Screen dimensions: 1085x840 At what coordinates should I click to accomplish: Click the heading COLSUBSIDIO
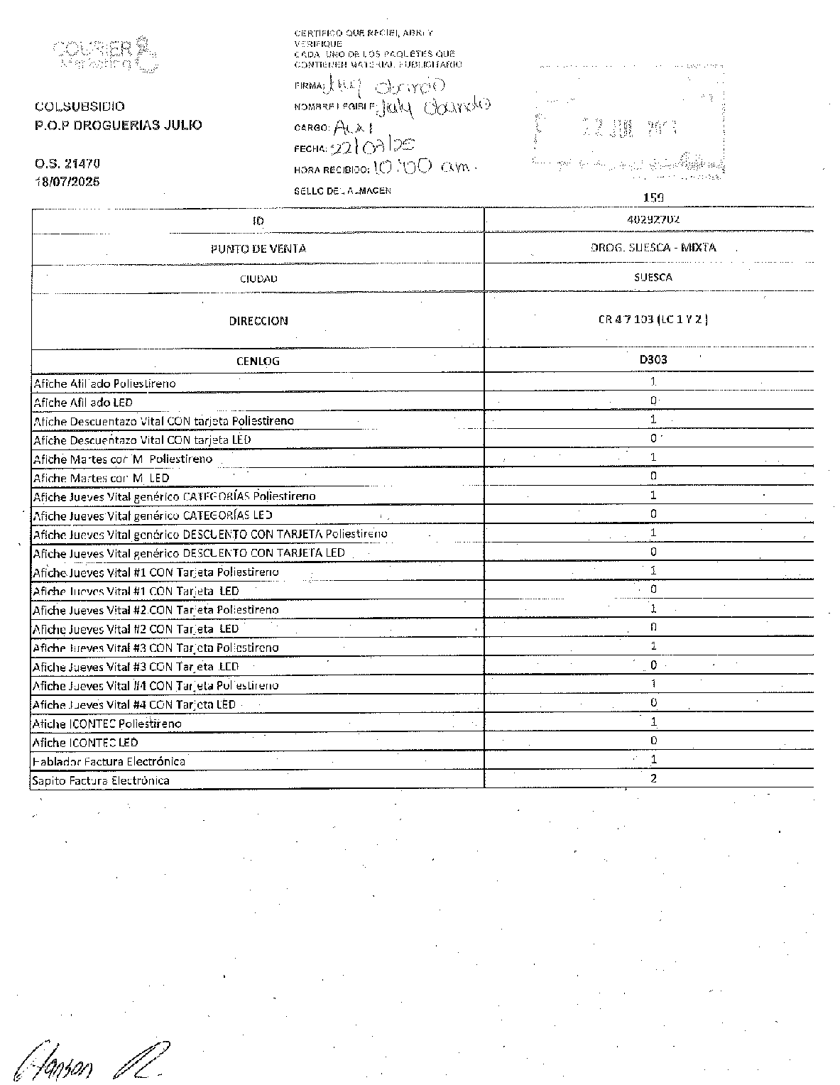pyautogui.click(x=80, y=107)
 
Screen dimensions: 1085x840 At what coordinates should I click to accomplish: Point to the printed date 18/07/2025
pyautogui.click(x=67, y=182)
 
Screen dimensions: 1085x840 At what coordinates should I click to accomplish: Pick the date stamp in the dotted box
pyautogui.click(x=630, y=128)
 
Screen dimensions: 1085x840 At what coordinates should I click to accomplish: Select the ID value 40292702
pyautogui.click(x=653, y=219)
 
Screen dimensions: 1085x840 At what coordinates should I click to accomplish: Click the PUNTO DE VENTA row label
pyautogui.click(x=258, y=249)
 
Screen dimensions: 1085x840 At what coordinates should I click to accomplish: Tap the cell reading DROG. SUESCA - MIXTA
pyautogui.click(x=653, y=248)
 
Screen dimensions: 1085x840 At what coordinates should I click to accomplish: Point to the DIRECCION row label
pyautogui.click(x=258, y=321)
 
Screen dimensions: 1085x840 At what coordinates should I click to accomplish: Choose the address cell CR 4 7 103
pyautogui.click(x=653, y=320)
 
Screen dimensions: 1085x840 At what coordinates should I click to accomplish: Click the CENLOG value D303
pyautogui.click(x=653, y=359)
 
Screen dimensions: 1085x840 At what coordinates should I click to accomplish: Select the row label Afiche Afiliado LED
pyautogui.click(x=83, y=403)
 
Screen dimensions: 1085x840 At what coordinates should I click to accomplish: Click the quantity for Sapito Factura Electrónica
pyautogui.click(x=653, y=778)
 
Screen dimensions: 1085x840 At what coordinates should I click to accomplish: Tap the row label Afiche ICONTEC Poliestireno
pyautogui.click(x=107, y=724)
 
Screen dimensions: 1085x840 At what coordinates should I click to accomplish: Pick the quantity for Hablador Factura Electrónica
pyautogui.click(x=653, y=759)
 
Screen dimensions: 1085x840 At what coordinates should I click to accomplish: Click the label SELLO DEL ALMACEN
pyautogui.click(x=342, y=191)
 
